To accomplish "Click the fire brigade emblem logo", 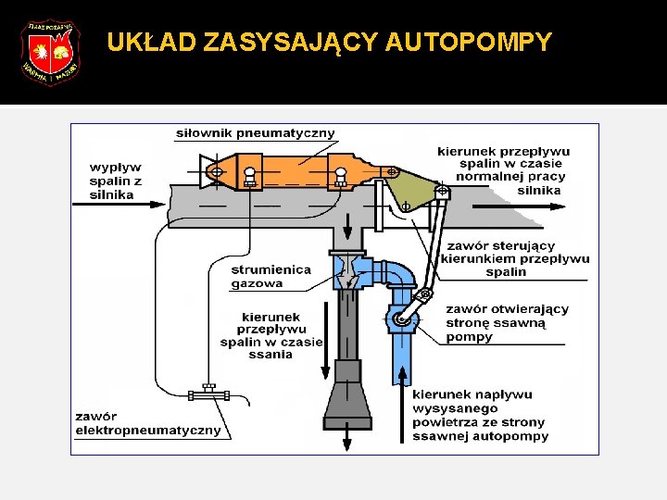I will coord(51,53).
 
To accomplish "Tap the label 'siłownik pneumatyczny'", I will coord(256,133).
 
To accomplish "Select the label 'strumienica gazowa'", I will coord(271,276).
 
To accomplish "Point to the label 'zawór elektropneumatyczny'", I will coord(148,423).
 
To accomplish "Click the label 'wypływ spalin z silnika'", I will coord(116,181).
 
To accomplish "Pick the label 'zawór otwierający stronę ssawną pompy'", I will coord(507,323).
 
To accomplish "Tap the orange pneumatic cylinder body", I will coord(296,172).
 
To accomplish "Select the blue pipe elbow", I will coord(398,275).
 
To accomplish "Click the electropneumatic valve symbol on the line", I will coord(208,394).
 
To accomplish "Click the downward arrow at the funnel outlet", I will coord(347,440).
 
